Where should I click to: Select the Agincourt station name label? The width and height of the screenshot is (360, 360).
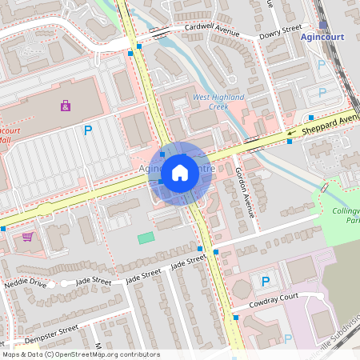tap(322, 37)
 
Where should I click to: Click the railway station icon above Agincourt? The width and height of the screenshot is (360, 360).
tap(322, 25)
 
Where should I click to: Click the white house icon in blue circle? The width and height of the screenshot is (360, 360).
tap(180, 172)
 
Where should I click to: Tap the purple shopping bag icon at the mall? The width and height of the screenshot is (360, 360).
tap(65, 106)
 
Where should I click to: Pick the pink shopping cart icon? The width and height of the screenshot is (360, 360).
tap(28, 237)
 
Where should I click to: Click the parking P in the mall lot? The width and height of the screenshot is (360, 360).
tap(88, 130)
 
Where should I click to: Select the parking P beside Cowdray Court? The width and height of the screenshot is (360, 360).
tap(265, 281)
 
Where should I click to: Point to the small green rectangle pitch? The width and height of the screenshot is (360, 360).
tap(146, 238)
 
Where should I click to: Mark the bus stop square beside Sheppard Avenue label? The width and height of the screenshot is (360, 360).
tap(290, 142)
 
